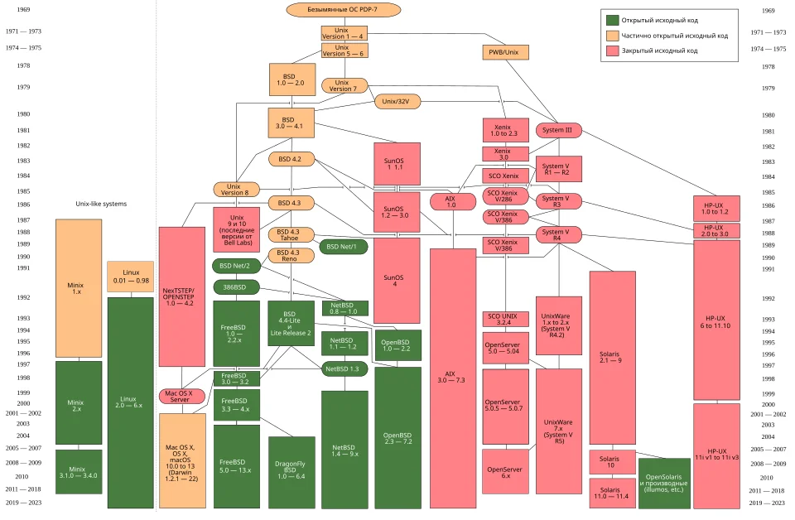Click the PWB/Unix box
point(505,52)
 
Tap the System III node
point(558,130)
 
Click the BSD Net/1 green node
point(343,247)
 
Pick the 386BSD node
point(236,287)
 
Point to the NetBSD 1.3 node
point(344,369)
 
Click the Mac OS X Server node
point(182,397)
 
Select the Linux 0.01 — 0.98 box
point(130,277)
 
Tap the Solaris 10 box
point(612,462)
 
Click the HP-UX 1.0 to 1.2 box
point(716,209)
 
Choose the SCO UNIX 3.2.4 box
point(505,320)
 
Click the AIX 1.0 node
point(453,202)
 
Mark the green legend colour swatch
point(613,20)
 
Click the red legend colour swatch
point(613,51)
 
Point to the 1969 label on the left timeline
point(23,10)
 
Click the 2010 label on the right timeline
point(766,478)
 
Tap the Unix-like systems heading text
point(101,204)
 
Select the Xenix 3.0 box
point(505,154)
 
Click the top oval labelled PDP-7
point(343,10)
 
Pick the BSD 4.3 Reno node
point(291,255)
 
